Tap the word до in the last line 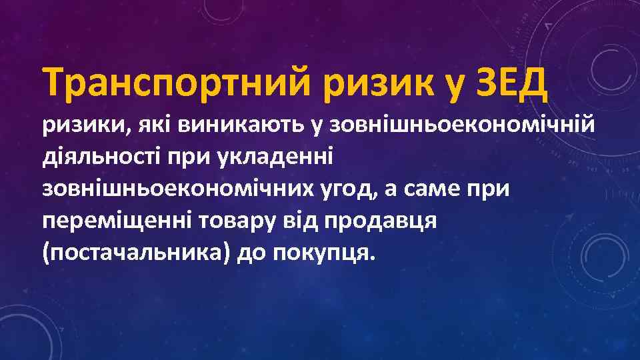point(257,253)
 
